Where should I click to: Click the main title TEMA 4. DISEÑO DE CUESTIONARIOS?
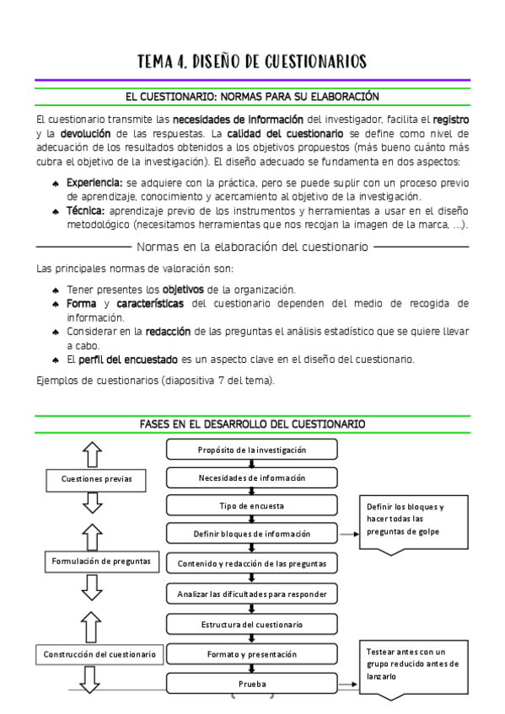252,61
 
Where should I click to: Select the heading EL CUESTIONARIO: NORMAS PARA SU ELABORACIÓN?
252,97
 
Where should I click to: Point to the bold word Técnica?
85,210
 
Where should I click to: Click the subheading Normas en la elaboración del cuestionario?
252,247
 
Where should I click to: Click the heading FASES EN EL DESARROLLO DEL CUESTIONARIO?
252,425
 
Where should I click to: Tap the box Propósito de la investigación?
252,450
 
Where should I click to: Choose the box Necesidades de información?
252,478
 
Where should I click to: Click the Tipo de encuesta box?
252,506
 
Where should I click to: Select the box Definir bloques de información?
252,534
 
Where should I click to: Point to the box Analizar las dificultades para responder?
252,594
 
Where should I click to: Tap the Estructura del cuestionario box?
252,625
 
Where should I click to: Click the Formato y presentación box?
252,654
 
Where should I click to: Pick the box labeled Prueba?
252,684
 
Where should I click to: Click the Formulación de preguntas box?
100,560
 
